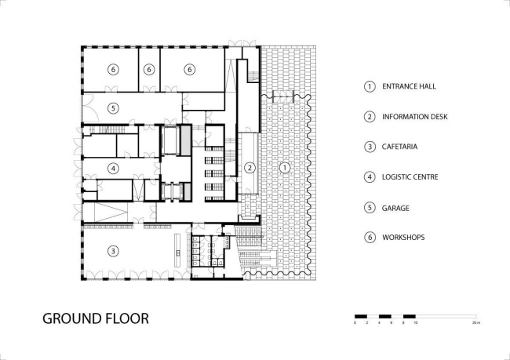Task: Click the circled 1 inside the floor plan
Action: point(285,167)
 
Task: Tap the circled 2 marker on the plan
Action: point(250,167)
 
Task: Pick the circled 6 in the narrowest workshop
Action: point(150,70)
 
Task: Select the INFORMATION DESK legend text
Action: point(415,117)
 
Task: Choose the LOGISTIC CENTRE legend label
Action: point(411,176)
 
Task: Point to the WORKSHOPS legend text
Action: point(405,237)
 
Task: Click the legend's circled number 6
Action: point(369,237)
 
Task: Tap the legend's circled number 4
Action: point(369,176)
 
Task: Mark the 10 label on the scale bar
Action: point(416,323)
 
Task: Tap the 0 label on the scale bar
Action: point(355,323)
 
